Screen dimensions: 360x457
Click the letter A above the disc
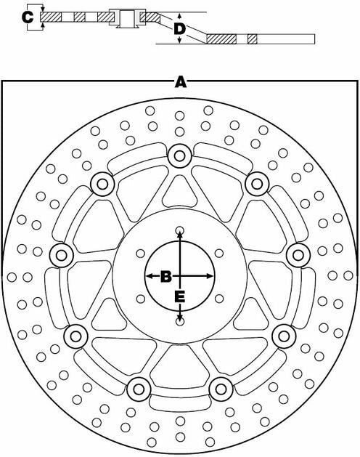point(181,82)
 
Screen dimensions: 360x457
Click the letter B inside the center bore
point(166,276)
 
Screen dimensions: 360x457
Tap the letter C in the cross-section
point(28,17)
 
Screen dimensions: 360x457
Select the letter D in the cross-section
point(180,28)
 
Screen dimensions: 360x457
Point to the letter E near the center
point(180,296)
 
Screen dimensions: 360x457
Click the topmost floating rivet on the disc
point(180,156)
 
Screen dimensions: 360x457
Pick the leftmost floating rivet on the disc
point(61,256)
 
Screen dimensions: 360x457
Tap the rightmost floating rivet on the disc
point(298,255)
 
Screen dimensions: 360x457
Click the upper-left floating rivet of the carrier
point(102,184)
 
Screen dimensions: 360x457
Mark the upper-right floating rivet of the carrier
point(257,184)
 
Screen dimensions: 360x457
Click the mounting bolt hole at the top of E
point(180,230)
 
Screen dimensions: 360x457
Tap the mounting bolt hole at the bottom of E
point(180,322)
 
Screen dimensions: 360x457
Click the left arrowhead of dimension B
point(149,276)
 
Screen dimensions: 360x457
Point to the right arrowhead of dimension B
point(210,276)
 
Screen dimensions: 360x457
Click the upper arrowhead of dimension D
point(180,16)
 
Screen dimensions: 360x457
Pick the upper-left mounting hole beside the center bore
point(141,254)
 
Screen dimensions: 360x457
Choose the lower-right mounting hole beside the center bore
point(219,299)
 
